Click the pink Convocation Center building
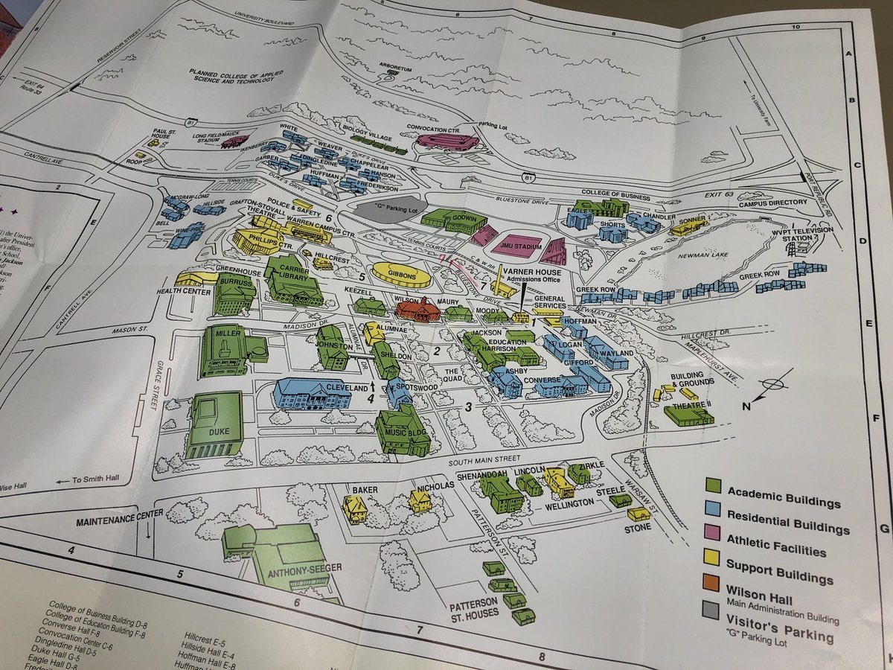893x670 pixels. point(446,141)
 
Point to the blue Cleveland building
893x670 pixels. point(313,393)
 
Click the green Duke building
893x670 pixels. point(214,424)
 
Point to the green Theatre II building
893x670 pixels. point(688,415)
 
